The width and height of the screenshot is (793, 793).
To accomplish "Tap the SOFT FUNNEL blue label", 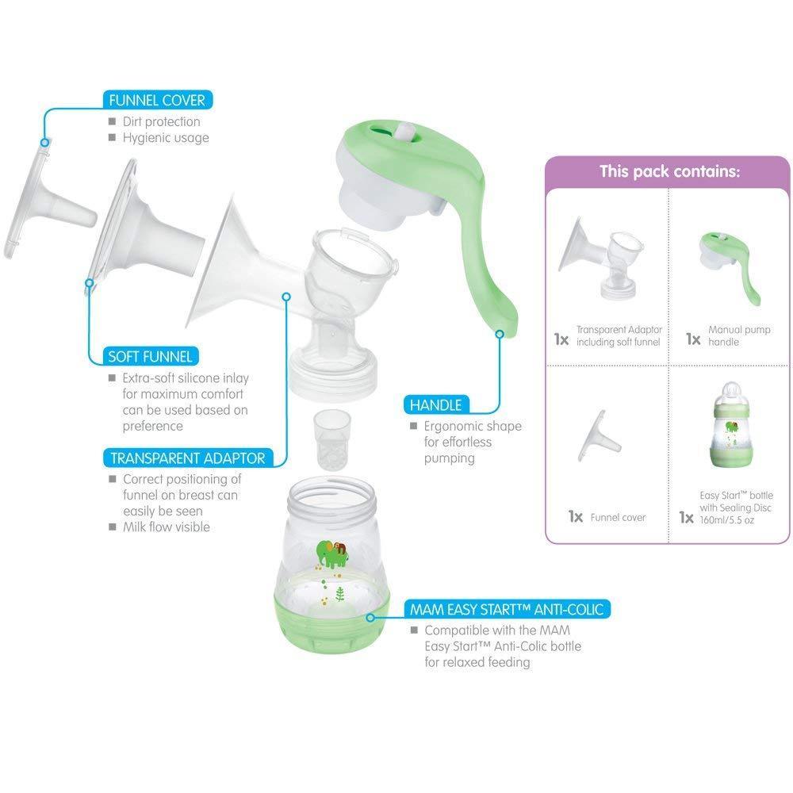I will tap(151, 356).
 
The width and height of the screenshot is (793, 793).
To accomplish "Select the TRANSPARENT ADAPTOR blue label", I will tap(187, 458).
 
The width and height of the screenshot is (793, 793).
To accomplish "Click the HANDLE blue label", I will tap(435, 405).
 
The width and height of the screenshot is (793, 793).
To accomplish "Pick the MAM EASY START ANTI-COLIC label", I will tap(507, 609).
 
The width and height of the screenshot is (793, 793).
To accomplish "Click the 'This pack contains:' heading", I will tap(669, 171).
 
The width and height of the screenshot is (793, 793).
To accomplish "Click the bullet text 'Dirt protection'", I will tap(161, 122).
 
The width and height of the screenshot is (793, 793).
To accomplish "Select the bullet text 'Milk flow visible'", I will tap(166, 527).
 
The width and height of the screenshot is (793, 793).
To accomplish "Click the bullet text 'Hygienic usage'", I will tap(166, 138).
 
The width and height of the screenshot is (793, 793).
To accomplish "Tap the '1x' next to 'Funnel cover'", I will tap(575, 516).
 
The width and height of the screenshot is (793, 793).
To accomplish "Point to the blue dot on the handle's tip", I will tap(500, 334).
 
